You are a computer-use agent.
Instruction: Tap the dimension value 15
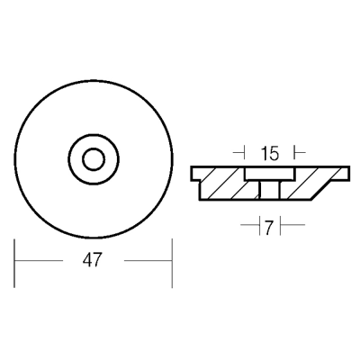(270, 154)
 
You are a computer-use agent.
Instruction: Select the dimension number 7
(269, 229)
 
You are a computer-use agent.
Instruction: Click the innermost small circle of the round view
(94, 159)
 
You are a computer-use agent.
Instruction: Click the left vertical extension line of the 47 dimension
(14, 263)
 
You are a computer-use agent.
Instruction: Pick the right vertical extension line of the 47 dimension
(172, 263)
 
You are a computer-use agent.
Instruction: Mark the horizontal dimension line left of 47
(39, 260)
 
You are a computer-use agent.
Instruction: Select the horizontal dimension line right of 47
(148, 260)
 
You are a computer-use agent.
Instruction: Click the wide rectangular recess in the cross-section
(270, 174)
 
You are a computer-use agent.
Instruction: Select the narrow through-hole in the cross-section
(269, 190)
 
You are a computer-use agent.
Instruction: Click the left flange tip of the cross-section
(195, 174)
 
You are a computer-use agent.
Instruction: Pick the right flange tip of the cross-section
(345, 174)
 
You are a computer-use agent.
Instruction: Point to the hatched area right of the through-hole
(303, 186)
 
